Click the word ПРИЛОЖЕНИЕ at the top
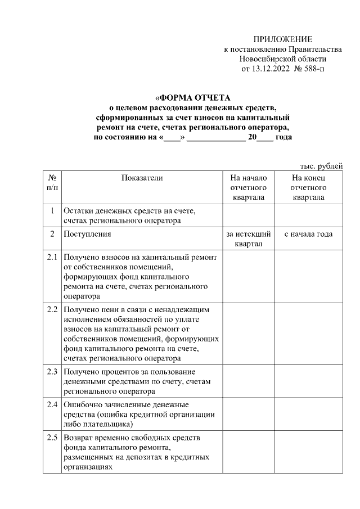coord(282,39)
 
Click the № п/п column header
coord(51,182)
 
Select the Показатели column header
coord(142,178)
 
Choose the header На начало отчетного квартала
coord(248,187)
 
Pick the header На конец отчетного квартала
coord(308,187)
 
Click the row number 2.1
coord(52,258)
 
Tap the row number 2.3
coord(52,372)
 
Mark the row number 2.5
coord(52,438)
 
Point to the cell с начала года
coord(308,234)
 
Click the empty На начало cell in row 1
coord(248,215)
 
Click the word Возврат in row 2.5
coord(79,438)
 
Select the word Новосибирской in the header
coord(266,59)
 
